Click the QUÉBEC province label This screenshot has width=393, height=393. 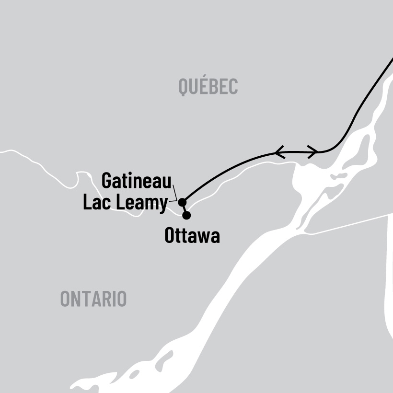(x=208, y=87)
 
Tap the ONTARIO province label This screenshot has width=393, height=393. (x=93, y=299)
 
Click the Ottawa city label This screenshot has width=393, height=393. (x=192, y=236)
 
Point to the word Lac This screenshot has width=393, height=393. (x=98, y=203)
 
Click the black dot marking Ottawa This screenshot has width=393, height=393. (x=186, y=215)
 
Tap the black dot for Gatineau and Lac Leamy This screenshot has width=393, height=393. (x=182, y=202)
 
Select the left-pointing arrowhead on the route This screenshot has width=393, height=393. (x=279, y=152)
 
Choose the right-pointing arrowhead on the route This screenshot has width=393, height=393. (x=312, y=152)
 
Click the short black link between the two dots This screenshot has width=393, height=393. (x=185, y=209)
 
